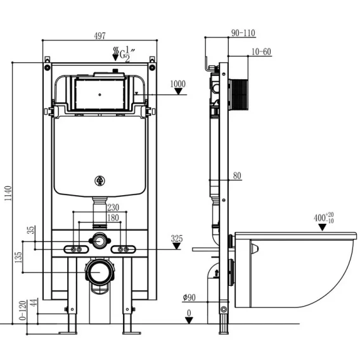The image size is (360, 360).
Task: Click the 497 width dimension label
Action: coord(100,36)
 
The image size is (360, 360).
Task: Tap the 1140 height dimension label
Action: coord(8,193)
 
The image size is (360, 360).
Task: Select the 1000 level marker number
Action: coord(178,84)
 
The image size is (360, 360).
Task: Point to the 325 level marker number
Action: coord(177,238)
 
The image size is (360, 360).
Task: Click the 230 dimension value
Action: coord(113,207)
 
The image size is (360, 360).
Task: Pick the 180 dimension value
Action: coord(113,217)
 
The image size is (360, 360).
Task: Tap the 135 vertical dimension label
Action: coord(18,257)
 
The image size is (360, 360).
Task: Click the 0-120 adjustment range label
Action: coord(23,311)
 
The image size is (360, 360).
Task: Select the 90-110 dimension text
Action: coord(243,33)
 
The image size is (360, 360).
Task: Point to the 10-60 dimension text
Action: coord(261,52)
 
